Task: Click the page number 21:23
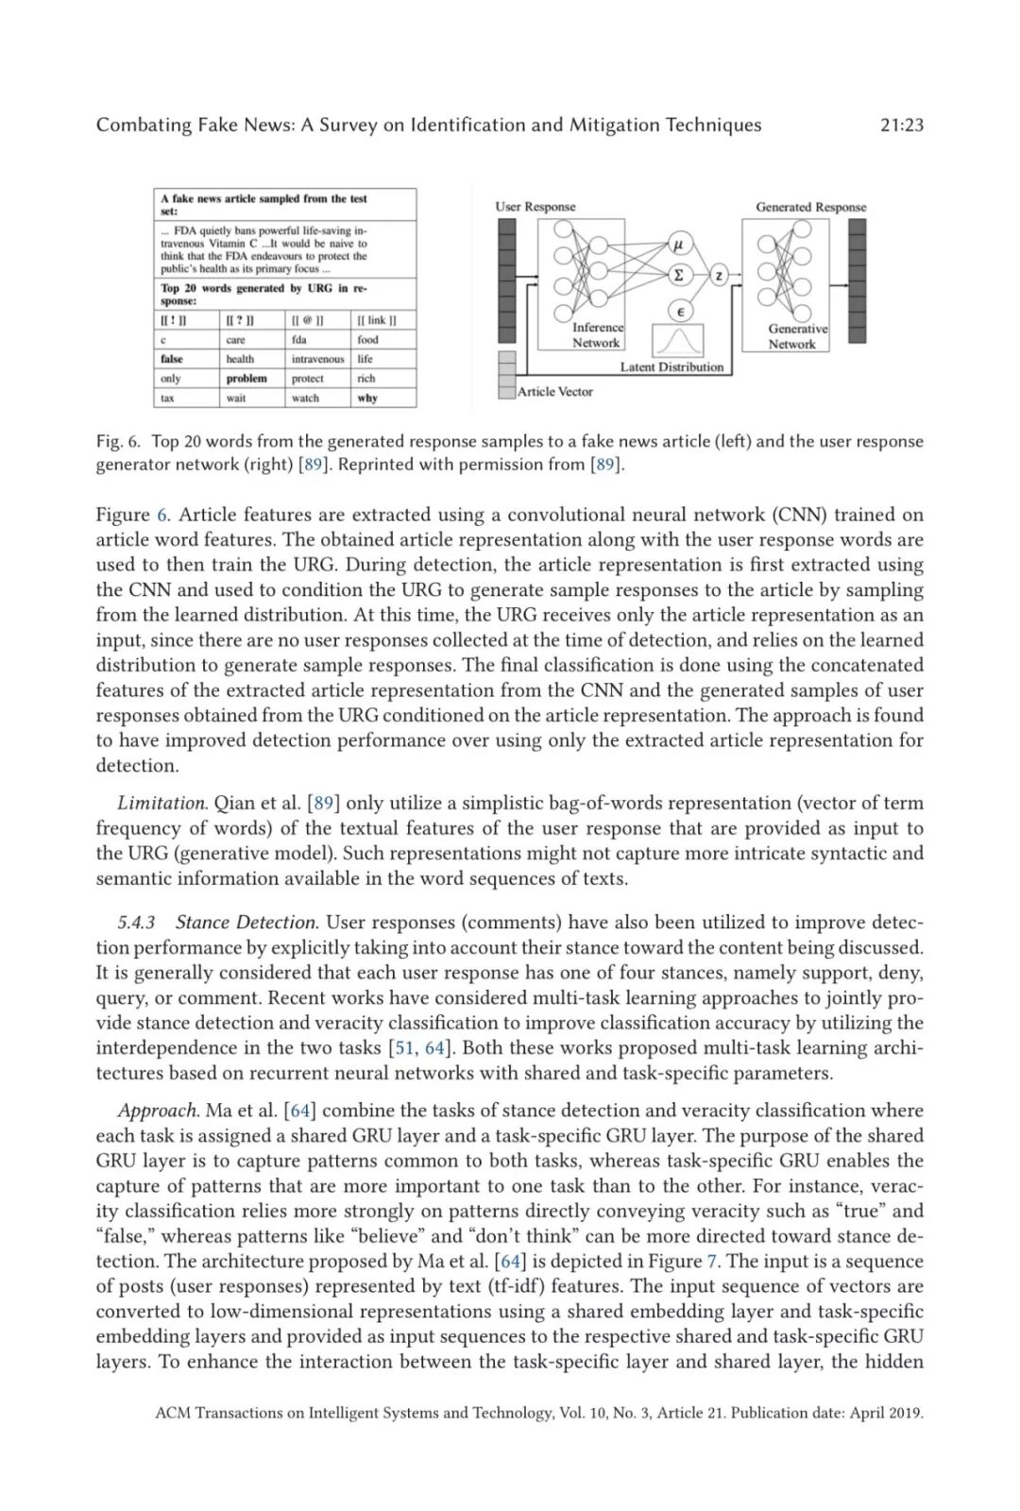click(901, 125)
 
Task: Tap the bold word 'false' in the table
click(172, 359)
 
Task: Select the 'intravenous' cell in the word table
click(317, 359)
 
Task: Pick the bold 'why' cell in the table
click(367, 398)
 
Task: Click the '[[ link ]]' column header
click(377, 320)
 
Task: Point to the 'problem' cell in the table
click(246, 378)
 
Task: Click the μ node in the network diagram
click(678, 245)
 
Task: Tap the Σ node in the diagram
click(678, 275)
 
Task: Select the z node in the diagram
click(719, 276)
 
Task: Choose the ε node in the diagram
click(679, 311)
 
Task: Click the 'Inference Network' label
click(597, 335)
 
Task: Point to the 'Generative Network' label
click(796, 336)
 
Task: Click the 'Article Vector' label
click(555, 391)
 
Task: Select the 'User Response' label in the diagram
click(535, 207)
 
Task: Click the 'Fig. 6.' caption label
click(118, 441)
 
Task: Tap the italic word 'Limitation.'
click(161, 803)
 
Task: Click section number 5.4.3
click(136, 922)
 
